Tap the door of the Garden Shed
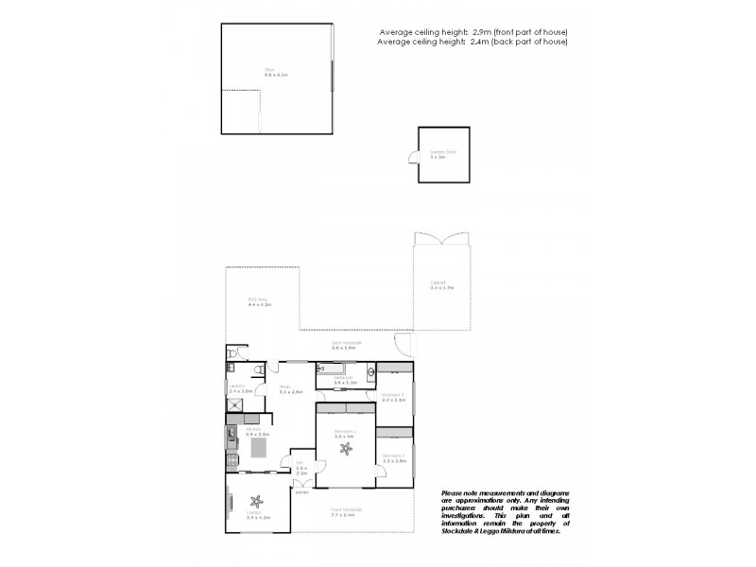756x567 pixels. click(x=412, y=165)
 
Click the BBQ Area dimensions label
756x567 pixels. click(x=260, y=305)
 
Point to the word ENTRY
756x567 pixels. click(x=302, y=492)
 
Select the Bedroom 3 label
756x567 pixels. click(x=392, y=395)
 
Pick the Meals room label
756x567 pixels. click(x=284, y=387)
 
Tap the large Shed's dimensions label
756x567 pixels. click(x=275, y=73)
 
